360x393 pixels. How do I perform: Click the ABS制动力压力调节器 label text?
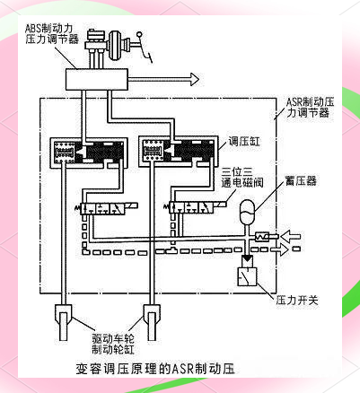[51, 34]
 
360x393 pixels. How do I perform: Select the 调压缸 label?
[244, 141]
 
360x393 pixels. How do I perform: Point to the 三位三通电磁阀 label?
[242, 178]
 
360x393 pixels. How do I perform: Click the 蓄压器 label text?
[301, 180]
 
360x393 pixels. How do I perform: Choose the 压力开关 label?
[297, 300]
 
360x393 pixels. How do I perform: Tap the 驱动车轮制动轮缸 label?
[113, 344]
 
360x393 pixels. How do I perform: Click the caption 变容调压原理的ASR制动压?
[154, 369]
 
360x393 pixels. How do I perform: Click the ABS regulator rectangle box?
[97, 79]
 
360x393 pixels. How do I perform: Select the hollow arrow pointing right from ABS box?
[163, 80]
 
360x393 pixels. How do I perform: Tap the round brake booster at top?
[116, 45]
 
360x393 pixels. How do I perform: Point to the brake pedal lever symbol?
[143, 48]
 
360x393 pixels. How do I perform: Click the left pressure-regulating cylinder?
[87, 152]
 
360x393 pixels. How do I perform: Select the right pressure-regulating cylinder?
[178, 151]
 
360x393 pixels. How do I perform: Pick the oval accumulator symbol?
[247, 212]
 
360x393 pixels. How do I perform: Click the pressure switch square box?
[247, 276]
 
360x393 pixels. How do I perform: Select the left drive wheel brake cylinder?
[63, 322]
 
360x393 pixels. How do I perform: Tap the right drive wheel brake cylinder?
[152, 322]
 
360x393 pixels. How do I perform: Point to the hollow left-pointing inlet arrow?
[290, 236]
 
